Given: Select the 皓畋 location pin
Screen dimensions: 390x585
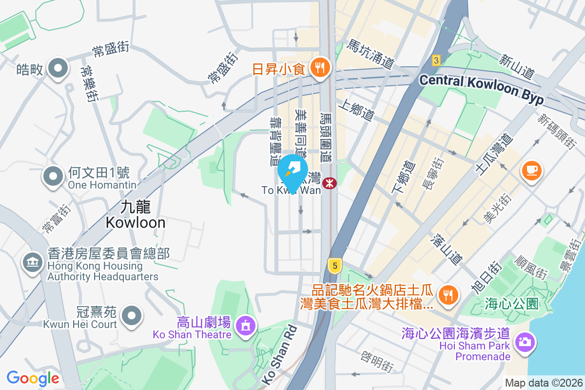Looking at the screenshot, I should [58, 69].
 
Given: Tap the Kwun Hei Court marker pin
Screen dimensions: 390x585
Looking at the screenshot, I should [131, 316].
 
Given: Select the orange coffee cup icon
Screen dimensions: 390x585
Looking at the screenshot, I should [531, 171].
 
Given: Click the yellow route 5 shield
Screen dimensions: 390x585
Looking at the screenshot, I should [334, 265].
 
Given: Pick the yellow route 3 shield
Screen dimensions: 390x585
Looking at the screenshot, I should [436, 60].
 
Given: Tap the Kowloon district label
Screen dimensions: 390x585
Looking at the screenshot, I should [136, 214].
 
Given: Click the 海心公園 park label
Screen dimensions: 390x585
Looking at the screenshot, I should [511, 304].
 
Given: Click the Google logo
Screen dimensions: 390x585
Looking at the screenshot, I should [33, 378].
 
